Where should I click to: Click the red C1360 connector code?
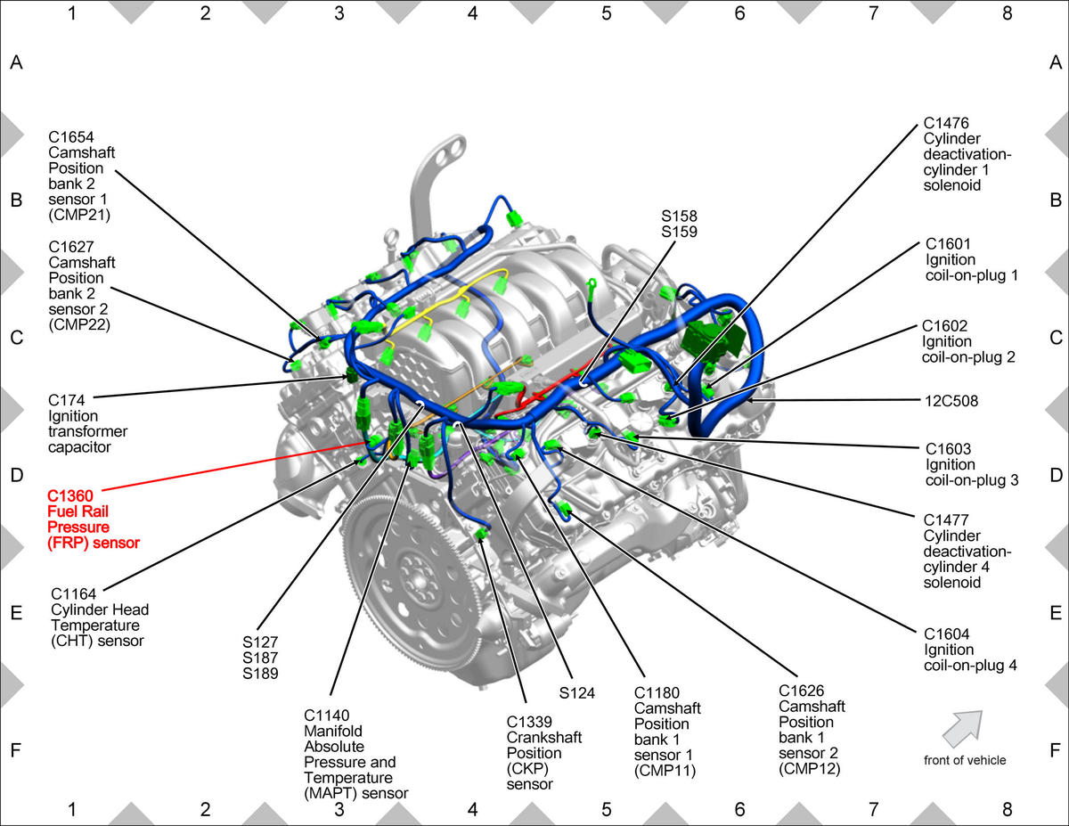[x=69, y=495]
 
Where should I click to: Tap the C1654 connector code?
[x=71, y=136]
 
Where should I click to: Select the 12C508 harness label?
[x=951, y=401]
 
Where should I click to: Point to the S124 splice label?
[x=577, y=693]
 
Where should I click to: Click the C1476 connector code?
[x=946, y=122]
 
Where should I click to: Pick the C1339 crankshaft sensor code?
[x=529, y=722]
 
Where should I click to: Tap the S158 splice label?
[x=679, y=216]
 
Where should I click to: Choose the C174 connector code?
[x=67, y=400]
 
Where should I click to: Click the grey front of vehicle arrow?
[x=963, y=728]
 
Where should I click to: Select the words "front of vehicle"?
[x=965, y=760]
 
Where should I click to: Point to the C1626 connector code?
[x=802, y=691]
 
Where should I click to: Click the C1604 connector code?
[x=946, y=634]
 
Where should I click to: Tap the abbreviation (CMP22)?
[x=79, y=324]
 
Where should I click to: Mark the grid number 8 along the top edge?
[x=1008, y=13]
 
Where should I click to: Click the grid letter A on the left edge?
[x=16, y=62]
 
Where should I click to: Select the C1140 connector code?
[x=327, y=716]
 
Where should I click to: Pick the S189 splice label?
[x=260, y=674]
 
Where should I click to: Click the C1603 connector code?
[x=949, y=449]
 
